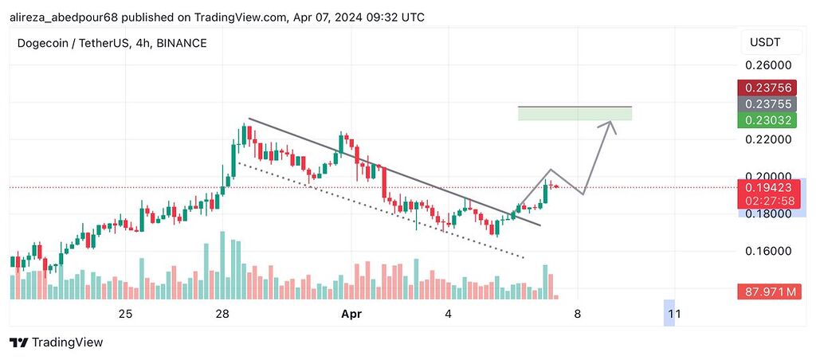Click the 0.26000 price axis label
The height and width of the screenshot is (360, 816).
(x=769, y=65)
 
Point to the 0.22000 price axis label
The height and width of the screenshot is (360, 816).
(x=769, y=139)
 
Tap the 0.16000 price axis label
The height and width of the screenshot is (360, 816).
(x=769, y=251)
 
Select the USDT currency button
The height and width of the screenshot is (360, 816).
(x=763, y=42)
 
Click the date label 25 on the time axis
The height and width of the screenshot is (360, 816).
(x=125, y=315)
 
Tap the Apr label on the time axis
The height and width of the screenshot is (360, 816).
(x=351, y=315)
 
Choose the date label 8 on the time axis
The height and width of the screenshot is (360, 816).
(x=577, y=315)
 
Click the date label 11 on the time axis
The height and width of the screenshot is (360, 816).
(x=673, y=315)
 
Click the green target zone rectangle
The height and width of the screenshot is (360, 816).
(x=574, y=114)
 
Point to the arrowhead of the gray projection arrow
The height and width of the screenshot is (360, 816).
(x=611, y=122)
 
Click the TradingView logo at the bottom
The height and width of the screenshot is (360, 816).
(x=57, y=342)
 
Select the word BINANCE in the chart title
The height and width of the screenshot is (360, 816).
(x=182, y=43)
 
